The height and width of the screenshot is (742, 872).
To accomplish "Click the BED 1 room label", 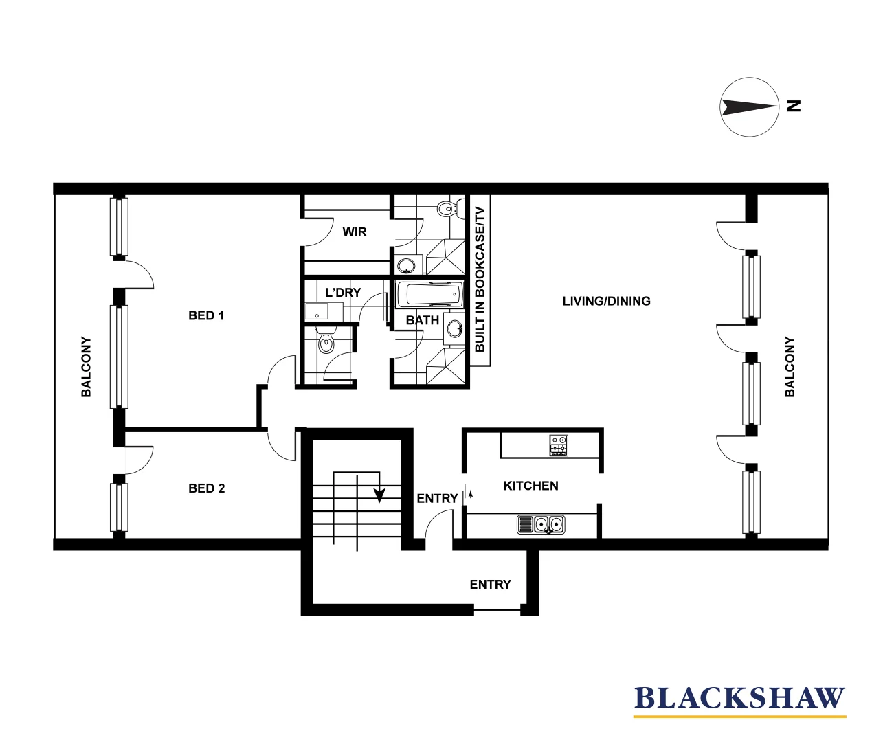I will click(x=206, y=315).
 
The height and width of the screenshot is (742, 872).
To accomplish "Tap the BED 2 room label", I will click(x=206, y=488).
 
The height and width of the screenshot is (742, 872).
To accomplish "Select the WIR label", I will click(x=355, y=232).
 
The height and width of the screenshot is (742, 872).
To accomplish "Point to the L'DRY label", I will click(x=343, y=293).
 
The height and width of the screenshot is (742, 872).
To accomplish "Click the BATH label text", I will click(x=422, y=320).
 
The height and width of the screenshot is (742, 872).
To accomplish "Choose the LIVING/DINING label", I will click(x=606, y=301).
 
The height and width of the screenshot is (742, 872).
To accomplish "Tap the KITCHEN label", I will click(x=530, y=486).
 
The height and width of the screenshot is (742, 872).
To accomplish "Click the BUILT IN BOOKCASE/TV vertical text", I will click(x=480, y=280).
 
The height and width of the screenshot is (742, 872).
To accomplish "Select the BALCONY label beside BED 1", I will click(x=86, y=366).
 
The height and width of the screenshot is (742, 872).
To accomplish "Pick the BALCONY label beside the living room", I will click(x=790, y=366).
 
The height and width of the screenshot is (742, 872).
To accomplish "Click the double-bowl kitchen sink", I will click(x=541, y=525).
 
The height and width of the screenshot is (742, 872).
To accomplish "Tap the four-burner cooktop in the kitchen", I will click(x=559, y=445).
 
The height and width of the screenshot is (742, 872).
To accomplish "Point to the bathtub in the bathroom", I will click(x=429, y=295).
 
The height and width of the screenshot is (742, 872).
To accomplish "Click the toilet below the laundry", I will click(x=326, y=342).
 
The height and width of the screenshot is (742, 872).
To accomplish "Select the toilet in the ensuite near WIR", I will click(x=446, y=208).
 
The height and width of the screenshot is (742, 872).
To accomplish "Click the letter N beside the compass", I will click(x=794, y=106).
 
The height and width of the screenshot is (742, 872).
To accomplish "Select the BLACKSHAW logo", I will click(x=739, y=699).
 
